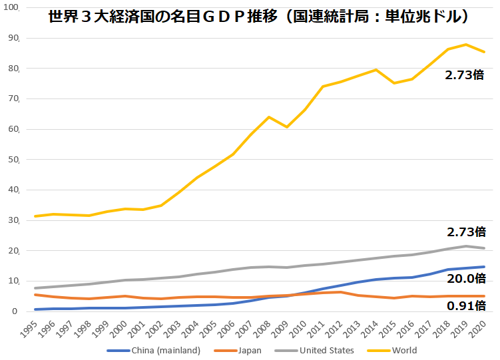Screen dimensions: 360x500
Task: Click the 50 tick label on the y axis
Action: pos(15,160)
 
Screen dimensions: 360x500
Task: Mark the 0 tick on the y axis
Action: pos(17,311)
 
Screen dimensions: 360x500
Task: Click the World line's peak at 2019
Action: pos(467,45)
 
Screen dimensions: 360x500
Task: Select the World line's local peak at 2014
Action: pos(376,70)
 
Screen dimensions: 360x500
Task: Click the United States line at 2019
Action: pos(467,246)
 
